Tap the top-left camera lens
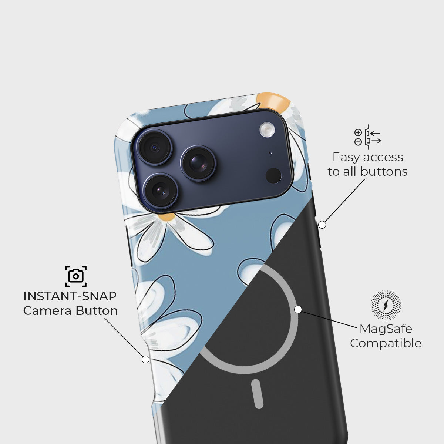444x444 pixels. click(155, 147)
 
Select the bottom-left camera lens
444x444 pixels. click(161, 191)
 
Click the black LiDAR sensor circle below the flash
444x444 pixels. click(273, 175)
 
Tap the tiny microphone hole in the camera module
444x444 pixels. click(270, 152)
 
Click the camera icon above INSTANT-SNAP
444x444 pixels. click(76, 276)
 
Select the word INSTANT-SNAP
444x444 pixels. click(70, 296)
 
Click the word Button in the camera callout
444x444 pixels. click(97, 311)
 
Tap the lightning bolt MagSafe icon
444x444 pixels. click(386, 305)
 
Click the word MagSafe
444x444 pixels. click(386, 329)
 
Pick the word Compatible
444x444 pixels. click(386, 343)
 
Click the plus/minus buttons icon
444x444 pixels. click(367, 137)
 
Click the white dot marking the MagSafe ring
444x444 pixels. click(298, 309)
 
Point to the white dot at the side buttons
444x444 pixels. click(322, 225)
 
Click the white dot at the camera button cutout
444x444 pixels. click(145, 359)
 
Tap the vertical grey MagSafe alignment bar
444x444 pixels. click(257, 394)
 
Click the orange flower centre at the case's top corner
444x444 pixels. click(273, 101)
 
